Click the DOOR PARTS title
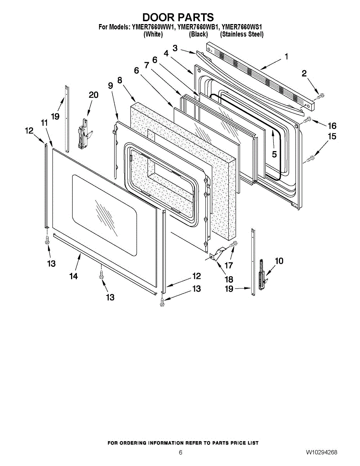pos(178,17)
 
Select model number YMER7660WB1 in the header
pos(197,27)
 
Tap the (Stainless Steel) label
pos(242,34)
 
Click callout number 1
pos(286,57)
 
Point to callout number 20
pos(93,95)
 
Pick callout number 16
pos(332,126)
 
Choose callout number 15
pos(332,137)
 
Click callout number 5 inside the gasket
pos(274,154)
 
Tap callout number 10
pos(279,261)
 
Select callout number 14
pos(73,276)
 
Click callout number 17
pos(229,266)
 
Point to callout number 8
pos(120,80)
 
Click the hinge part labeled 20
pos(83,134)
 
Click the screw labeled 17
pos(234,244)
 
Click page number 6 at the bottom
pos(181,453)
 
